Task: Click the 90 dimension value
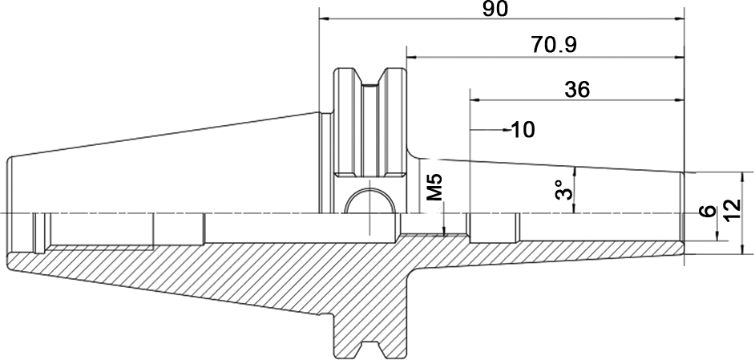(x=495, y=9)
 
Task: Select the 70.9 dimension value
(x=554, y=46)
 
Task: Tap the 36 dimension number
(x=577, y=90)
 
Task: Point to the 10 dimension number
(x=523, y=130)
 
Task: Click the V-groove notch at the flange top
(x=369, y=77)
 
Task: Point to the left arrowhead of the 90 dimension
(x=325, y=19)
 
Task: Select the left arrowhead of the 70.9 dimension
(x=412, y=58)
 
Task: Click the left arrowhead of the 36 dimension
(x=475, y=100)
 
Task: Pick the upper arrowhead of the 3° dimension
(x=574, y=172)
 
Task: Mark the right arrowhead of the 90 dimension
(x=679, y=19)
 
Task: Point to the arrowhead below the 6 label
(x=717, y=235)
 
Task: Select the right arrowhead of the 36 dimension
(x=679, y=100)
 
